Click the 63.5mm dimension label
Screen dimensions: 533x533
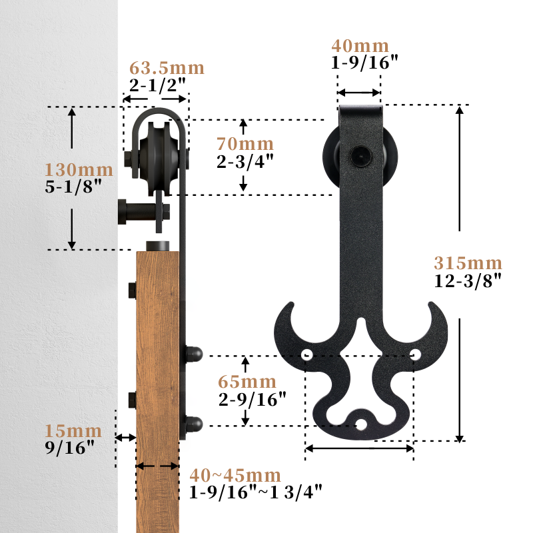(x=167, y=68)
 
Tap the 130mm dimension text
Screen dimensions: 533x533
(x=79, y=170)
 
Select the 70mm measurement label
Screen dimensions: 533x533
(x=245, y=144)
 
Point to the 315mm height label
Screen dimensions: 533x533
(x=468, y=263)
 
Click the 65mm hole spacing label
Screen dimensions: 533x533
(x=247, y=382)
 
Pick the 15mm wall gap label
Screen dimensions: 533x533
(x=73, y=431)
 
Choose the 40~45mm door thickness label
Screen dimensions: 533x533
(x=235, y=475)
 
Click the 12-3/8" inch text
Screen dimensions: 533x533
(x=468, y=280)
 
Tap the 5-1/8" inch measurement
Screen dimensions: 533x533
(x=73, y=187)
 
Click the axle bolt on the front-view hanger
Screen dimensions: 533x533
(x=361, y=157)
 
